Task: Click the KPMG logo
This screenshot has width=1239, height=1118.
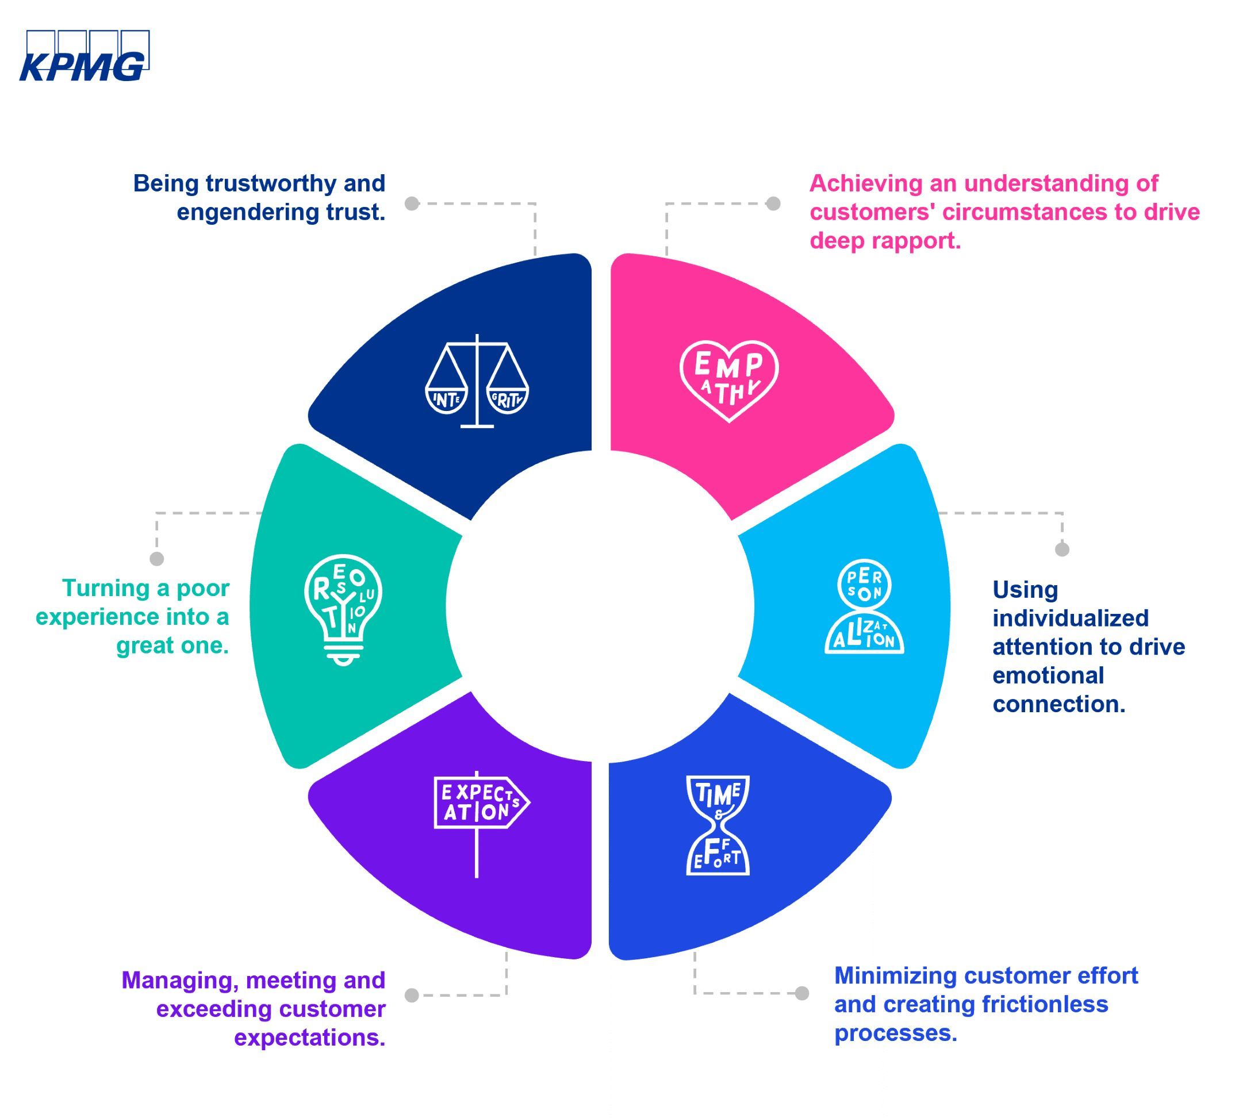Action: tap(85, 56)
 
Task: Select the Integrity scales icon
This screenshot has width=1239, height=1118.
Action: tap(477, 382)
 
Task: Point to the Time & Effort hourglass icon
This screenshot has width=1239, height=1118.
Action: tap(718, 825)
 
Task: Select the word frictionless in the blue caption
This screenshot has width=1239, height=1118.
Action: tap(1045, 1004)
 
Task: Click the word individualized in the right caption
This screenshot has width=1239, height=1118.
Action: tap(1071, 618)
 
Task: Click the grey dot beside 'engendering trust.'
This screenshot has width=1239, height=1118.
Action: tap(412, 203)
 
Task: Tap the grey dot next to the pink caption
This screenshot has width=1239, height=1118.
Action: tap(773, 203)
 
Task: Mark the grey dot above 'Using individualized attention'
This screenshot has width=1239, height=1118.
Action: tap(1062, 549)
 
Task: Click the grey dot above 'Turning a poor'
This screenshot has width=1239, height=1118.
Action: tap(156, 558)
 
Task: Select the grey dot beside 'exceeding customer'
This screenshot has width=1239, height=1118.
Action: tap(412, 995)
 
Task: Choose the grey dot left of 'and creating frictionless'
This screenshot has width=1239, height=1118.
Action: tap(801, 993)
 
